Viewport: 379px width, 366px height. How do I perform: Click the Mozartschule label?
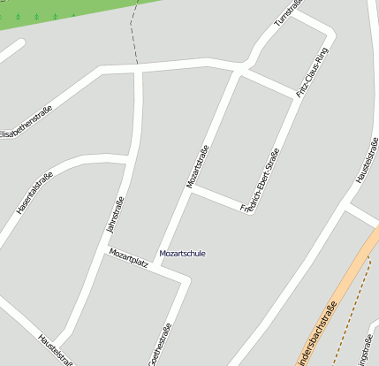coord(182,254)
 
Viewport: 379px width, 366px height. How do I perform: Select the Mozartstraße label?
coord(197,166)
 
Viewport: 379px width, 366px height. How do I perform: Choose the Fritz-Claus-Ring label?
coord(313,72)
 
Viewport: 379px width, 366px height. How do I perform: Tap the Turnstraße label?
coord(288,11)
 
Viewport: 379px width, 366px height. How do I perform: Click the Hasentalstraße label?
coord(35,194)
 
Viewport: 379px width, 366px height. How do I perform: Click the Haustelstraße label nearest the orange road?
coord(368,161)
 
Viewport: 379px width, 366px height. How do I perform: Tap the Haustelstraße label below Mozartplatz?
coord(54,350)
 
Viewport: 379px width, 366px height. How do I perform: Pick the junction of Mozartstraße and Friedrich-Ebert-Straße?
coord(193,188)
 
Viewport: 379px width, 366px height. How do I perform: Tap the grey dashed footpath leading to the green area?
coord(133,35)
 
